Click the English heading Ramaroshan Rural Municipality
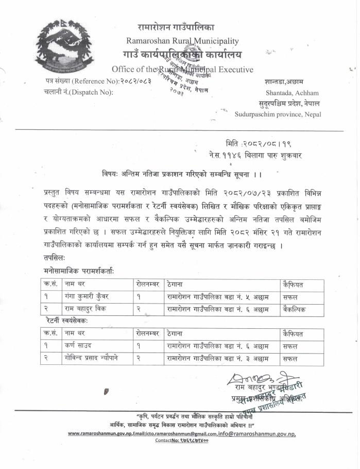click(182, 41)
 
